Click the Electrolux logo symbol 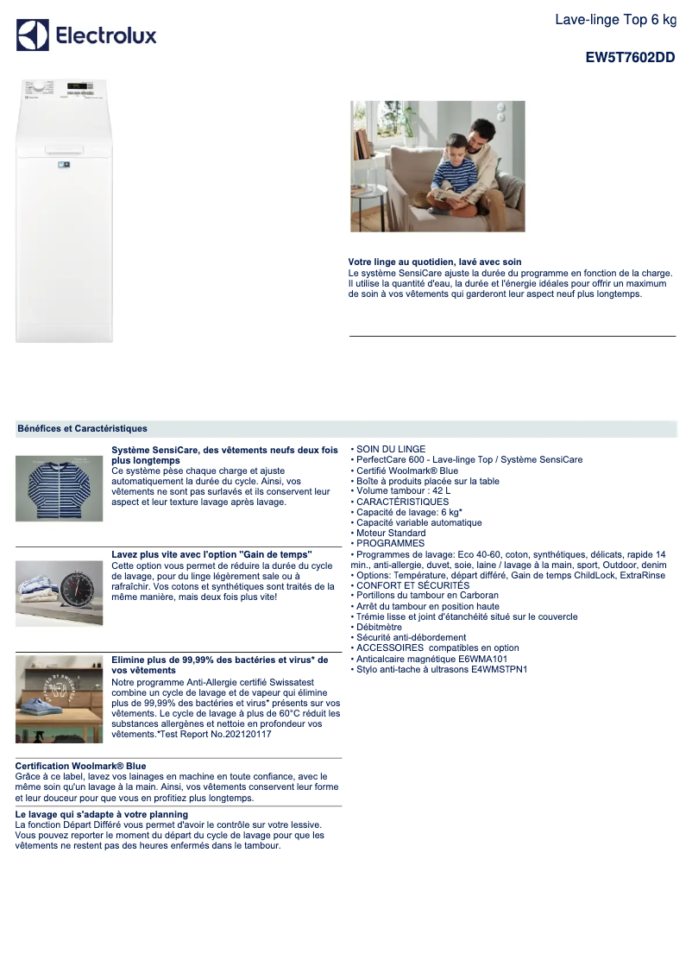[x=33, y=35]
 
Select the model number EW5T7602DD [x=630, y=58]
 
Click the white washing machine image [x=64, y=211]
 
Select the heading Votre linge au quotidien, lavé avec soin [x=435, y=262]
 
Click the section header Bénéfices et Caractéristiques [x=82, y=428]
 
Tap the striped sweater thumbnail [x=59, y=489]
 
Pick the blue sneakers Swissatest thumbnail [x=59, y=699]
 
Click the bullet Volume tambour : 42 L [x=403, y=491]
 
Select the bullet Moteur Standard [x=391, y=533]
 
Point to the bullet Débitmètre [x=379, y=627]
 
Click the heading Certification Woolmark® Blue [x=80, y=766]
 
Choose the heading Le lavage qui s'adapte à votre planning [x=101, y=814]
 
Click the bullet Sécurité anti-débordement [x=411, y=637]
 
